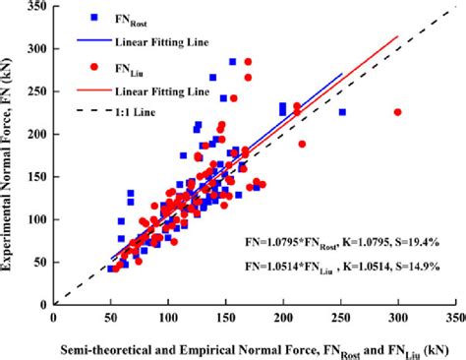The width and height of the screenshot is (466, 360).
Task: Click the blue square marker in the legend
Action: (x=94, y=18)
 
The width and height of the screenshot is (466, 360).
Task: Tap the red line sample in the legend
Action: (x=94, y=90)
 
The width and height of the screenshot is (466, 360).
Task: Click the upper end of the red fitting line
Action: (x=398, y=36)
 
